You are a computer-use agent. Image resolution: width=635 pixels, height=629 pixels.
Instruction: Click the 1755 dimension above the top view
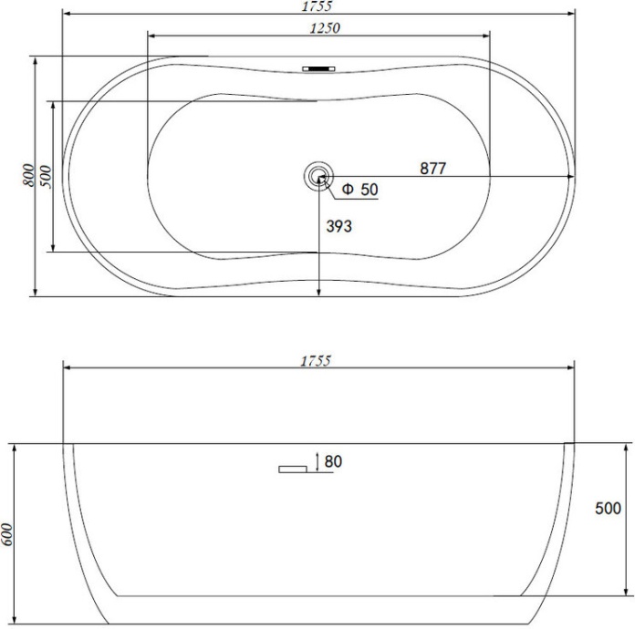tap(317, 5)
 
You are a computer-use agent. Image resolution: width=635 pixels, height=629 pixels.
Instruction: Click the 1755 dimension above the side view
tap(316, 361)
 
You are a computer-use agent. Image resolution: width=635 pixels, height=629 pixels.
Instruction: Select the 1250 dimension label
tap(325, 28)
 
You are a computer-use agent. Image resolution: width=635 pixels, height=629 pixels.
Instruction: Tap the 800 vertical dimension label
tap(28, 175)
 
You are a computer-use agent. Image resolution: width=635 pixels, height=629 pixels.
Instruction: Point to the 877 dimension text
tap(433, 169)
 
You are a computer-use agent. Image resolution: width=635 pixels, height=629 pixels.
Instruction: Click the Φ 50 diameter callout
tap(360, 189)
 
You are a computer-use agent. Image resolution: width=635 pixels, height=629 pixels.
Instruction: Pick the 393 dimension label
tap(339, 226)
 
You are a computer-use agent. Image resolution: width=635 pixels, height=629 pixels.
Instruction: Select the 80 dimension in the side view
tap(333, 461)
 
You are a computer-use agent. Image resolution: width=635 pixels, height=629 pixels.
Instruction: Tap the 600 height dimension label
tap(7, 534)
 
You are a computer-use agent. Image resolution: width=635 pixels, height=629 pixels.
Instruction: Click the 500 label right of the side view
tap(608, 509)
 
